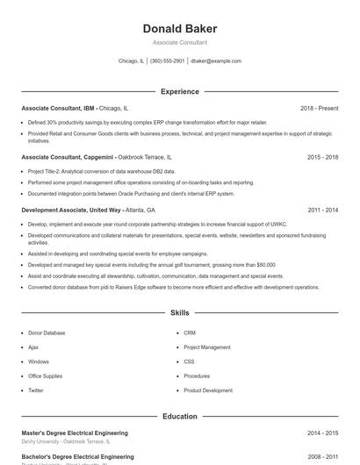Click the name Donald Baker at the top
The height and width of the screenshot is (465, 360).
179,29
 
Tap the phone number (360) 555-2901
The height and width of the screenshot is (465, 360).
167,61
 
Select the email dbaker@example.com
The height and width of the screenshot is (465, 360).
216,61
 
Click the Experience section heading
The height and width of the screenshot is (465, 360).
179,91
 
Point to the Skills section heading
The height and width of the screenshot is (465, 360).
179,312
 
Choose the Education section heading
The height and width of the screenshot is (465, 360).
179,416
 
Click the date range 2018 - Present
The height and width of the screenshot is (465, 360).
319,108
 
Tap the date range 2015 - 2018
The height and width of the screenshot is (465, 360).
322,157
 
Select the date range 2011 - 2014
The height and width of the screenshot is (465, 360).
322,211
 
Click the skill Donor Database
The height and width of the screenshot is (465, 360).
47,333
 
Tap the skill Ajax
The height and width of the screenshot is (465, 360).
33,347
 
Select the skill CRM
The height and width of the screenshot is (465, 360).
190,333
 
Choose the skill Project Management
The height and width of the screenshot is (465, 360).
207,347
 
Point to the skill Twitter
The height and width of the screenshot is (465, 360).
36,390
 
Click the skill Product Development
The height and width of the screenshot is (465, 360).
208,390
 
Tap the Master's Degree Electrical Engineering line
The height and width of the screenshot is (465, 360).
75,433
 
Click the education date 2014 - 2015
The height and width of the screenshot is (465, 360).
322,433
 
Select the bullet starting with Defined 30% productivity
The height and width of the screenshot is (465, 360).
148,123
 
